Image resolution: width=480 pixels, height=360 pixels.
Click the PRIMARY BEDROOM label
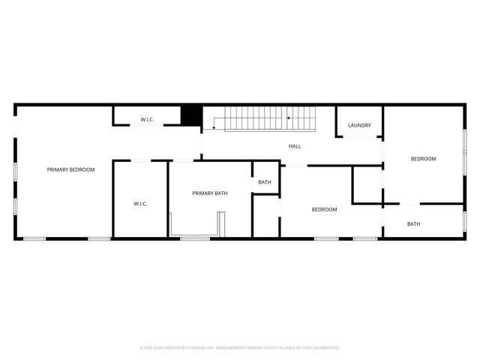70,169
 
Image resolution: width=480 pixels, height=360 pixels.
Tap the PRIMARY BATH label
210,193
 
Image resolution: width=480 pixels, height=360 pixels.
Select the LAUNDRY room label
359,125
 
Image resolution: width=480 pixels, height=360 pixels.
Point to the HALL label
295,145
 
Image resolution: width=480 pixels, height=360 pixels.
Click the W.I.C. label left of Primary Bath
140,203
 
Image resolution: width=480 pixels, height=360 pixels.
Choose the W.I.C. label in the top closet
147,120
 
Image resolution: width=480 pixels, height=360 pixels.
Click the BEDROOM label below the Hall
324,209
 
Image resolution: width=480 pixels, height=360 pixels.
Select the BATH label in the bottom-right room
413,223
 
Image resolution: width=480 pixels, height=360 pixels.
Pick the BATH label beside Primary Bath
265,182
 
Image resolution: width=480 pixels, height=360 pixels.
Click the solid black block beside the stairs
192,115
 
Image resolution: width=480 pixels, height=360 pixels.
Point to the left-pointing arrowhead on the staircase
289,118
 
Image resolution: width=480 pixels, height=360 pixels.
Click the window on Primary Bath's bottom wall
195,238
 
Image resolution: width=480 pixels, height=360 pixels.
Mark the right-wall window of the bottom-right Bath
464,220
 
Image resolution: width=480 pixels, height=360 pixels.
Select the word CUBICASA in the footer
199,348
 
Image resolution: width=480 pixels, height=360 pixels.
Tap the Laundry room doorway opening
359,136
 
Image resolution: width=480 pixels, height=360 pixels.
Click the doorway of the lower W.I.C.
140,160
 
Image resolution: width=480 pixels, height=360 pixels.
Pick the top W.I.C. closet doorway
147,125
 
